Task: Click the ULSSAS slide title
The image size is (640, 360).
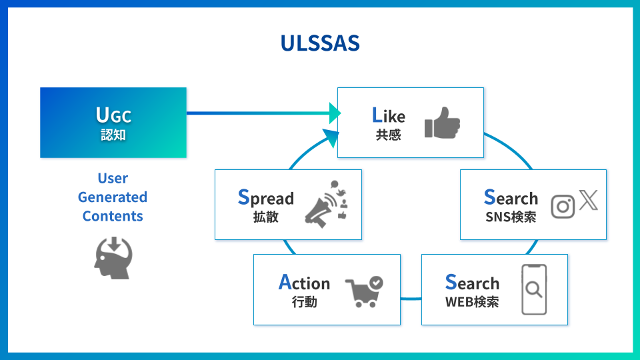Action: point(320,43)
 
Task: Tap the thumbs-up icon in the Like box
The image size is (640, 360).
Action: point(442,123)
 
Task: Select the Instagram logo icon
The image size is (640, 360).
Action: point(563,207)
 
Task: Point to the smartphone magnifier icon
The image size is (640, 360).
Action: point(533,289)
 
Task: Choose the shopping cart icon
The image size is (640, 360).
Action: point(364,291)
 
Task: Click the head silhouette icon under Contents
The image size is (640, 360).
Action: point(113,256)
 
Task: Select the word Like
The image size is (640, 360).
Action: point(388,116)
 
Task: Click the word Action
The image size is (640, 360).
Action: point(304,283)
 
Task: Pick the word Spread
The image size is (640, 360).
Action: point(266,198)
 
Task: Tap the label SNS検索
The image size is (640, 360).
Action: point(511,217)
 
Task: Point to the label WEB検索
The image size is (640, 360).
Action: point(472,301)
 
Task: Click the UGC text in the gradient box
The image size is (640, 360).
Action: point(113,115)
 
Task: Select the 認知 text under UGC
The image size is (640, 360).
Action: point(113,135)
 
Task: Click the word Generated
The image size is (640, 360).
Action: point(113,197)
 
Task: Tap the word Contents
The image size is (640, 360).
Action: point(113,216)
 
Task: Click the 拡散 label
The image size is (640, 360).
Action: point(266,217)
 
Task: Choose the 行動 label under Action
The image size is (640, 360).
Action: point(304,302)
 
